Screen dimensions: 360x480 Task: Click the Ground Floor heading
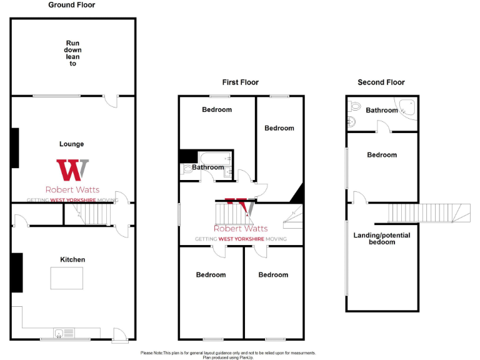[x=72, y=5]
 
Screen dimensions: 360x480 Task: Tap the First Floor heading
[x=240, y=82]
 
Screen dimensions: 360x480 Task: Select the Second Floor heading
[x=381, y=82]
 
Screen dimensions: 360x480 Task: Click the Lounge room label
[x=72, y=144]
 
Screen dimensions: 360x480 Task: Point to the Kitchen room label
[x=72, y=259]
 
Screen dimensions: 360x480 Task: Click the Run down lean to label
[x=73, y=53]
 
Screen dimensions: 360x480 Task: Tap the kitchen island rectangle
[x=67, y=277]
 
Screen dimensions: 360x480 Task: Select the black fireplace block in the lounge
[x=14, y=148]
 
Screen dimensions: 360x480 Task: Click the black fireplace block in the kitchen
[x=16, y=272]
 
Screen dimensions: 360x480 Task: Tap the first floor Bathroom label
[x=207, y=167]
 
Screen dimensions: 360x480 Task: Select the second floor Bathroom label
[x=382, y=111]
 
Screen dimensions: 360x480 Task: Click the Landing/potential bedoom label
[x=382, y=238]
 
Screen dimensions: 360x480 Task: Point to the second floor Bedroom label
[x=382, y=155]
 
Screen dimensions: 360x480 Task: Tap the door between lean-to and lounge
[x=111, y=101]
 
